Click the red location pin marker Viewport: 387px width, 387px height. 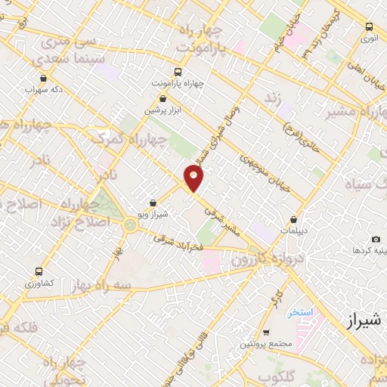pos(194,178)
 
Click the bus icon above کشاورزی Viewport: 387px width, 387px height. pos(39,271)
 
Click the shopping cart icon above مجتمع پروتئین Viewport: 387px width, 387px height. pos(265,333)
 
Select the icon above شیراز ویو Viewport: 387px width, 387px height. pos(153,203)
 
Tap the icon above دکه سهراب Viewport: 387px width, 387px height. pos(42,78)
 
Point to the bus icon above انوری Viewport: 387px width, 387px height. pos(368,25)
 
